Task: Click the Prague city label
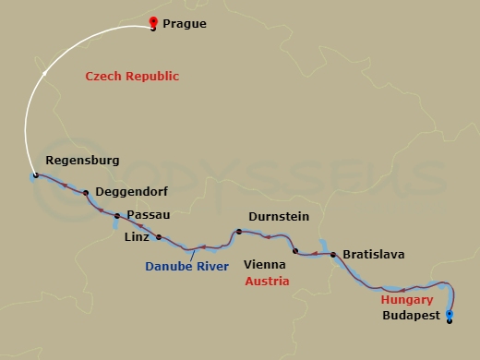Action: [184, 25]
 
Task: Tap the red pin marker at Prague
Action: [153, 23]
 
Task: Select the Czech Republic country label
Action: [132, 77]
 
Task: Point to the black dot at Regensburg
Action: [35, 175]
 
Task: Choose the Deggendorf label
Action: [129, 194]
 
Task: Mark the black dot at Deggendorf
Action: [86, 193]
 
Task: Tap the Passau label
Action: [148, 214]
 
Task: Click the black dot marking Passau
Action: [117, 216]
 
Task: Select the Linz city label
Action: [136, 236]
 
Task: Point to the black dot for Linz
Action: [159, 237]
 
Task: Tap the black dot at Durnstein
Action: [238, 232]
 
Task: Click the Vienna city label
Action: [263, 263]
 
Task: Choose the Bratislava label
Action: [373, 254]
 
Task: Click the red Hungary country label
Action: [406, 300]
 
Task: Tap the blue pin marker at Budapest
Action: [450, 316]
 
